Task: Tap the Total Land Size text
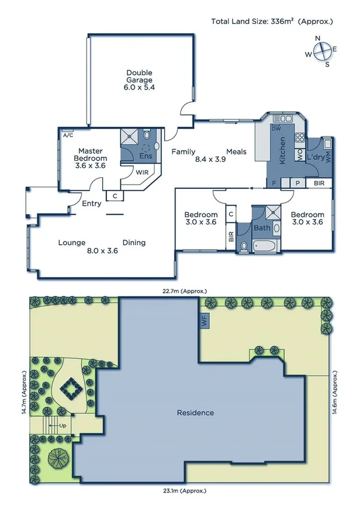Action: (271, 22)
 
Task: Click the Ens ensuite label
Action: (146, 156)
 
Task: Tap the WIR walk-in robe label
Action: (142, 172)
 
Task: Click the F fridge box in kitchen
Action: (274, 182)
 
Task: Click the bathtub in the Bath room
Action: (264, 245)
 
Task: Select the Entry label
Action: (92, 203)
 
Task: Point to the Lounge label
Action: (71, 242)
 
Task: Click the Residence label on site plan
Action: (195, 413)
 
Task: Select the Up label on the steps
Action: (63, 425)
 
